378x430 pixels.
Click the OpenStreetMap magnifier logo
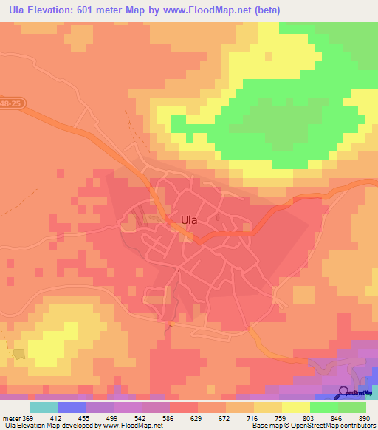[343, 393]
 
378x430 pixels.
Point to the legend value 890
[365, 418]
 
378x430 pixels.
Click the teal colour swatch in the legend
[44, 407]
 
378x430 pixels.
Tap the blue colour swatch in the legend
[71, 407]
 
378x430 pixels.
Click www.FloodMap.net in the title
[219, 10]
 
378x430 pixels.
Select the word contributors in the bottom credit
[354, 426]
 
